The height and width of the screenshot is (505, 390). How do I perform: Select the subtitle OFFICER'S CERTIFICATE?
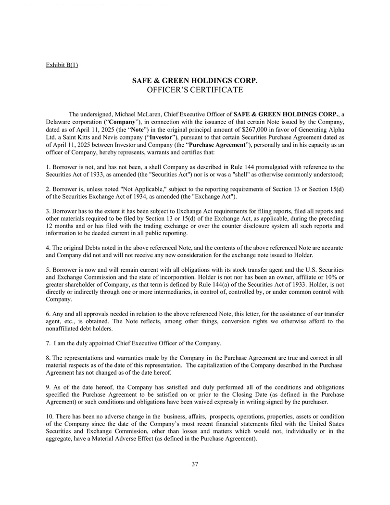coord(195,89)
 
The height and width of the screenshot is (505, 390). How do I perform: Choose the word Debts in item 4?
coord(89,248)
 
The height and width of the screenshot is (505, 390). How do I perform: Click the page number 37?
coord(195,464)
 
